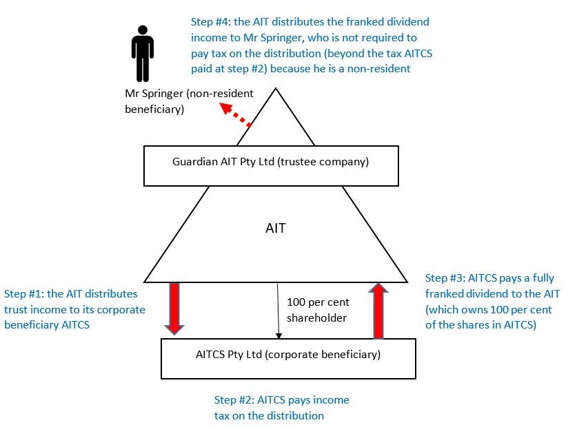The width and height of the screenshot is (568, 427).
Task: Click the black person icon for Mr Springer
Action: [141, 55]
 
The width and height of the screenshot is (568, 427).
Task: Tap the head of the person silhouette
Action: [141, 32]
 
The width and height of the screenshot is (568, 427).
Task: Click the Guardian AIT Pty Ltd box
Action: [271, 165]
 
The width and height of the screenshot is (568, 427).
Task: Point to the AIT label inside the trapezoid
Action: [275, 229]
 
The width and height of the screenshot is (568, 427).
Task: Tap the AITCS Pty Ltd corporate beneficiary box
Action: [288, 358]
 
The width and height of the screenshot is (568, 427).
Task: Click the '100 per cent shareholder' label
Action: [317, 310]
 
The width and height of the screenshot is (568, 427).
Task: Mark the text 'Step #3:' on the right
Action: [445, 278]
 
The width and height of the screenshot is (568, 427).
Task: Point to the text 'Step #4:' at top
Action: [211, 22]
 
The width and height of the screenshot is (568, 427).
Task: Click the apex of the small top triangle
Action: [276, 88]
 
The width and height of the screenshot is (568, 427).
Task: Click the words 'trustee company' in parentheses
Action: [329, 163]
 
